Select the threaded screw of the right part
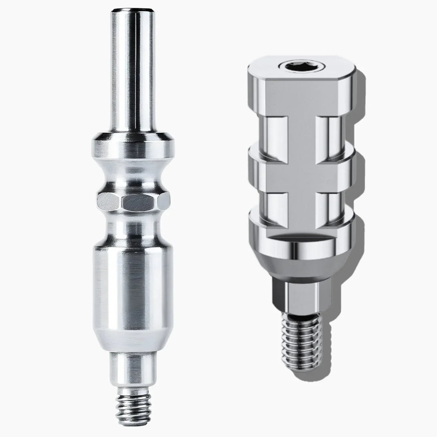pyautogui.click(x=302, y=336)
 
